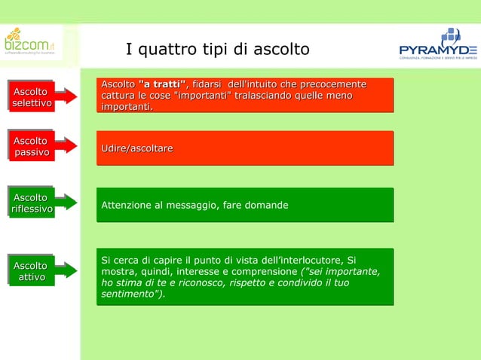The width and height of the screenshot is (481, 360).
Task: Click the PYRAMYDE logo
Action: point(438,45)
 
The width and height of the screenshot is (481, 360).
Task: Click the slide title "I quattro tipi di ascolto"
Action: point(217,50)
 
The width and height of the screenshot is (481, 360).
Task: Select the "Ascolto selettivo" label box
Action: point(31,97)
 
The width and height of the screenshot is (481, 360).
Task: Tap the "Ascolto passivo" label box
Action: point(31,146)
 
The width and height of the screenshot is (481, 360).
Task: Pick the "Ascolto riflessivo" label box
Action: point(31,203)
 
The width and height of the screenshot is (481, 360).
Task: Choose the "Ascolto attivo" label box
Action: point(31,271)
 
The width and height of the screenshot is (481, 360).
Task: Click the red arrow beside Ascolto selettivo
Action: point(66,97)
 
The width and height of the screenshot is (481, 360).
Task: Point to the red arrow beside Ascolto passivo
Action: point(66,146)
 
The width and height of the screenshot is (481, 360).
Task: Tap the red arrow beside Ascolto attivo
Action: point(66,271)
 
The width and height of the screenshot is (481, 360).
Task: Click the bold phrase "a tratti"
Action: point(162,83)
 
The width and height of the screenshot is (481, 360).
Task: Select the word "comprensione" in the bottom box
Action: point(262,271)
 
